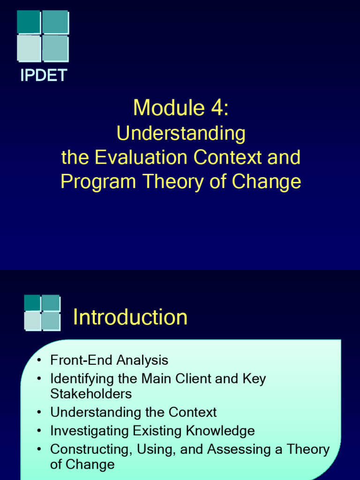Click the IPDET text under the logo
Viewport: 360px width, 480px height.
click(x=44, y=75)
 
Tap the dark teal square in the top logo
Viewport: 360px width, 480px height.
click(x=29, y=22)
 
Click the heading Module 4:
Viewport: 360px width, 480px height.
click(x=181, y=108)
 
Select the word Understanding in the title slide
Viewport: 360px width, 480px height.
click(x=181, y=134)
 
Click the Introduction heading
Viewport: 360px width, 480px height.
click(x=130, y=317)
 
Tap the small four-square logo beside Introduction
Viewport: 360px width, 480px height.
click(x=42, y=312)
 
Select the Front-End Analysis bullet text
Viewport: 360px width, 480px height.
click(x=109, y=360)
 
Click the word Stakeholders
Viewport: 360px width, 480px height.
click(x=91, y=393)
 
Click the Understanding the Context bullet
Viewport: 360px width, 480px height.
click(x=133, y=412)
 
